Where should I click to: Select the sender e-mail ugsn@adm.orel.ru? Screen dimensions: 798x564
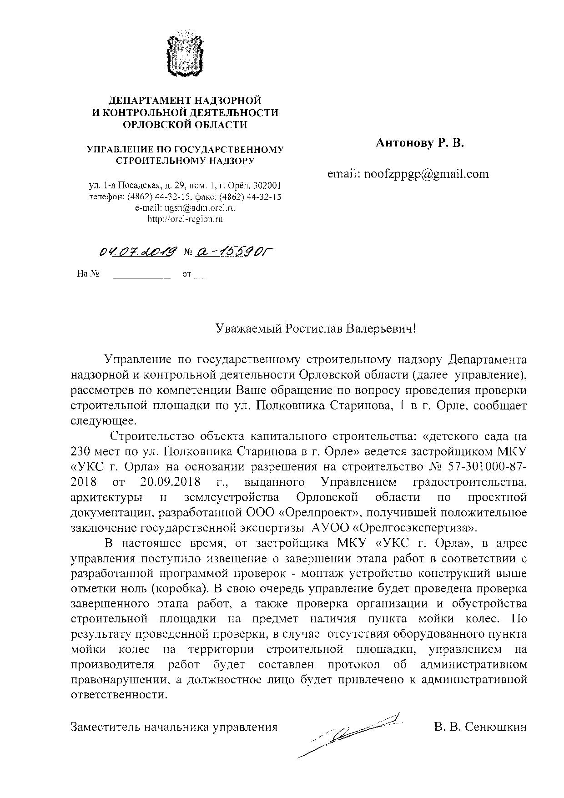(x=185, y=208)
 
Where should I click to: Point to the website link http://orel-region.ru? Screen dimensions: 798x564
(x=185, y=219)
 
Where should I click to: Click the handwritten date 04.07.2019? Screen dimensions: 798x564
(x=138, y=251)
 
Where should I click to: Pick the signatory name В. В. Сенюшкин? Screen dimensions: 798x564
(x=480, y=727)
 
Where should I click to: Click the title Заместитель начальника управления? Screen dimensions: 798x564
(x=174, y=727)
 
